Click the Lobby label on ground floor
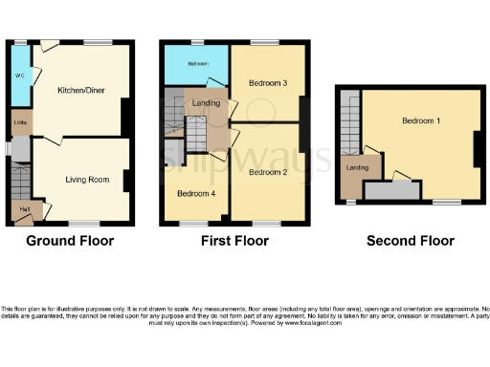coord(19,122)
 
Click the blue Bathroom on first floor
coord(197,63)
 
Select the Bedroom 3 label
coord(268,83)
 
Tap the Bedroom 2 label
coord(268,172)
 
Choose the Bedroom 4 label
coord(195,193)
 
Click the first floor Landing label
coord(207,103)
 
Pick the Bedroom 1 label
coord(421,121)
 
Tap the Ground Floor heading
coord(70,241)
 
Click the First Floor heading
coord(233,241)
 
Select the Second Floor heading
coord(411,241)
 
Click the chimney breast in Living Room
coord(125,179)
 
